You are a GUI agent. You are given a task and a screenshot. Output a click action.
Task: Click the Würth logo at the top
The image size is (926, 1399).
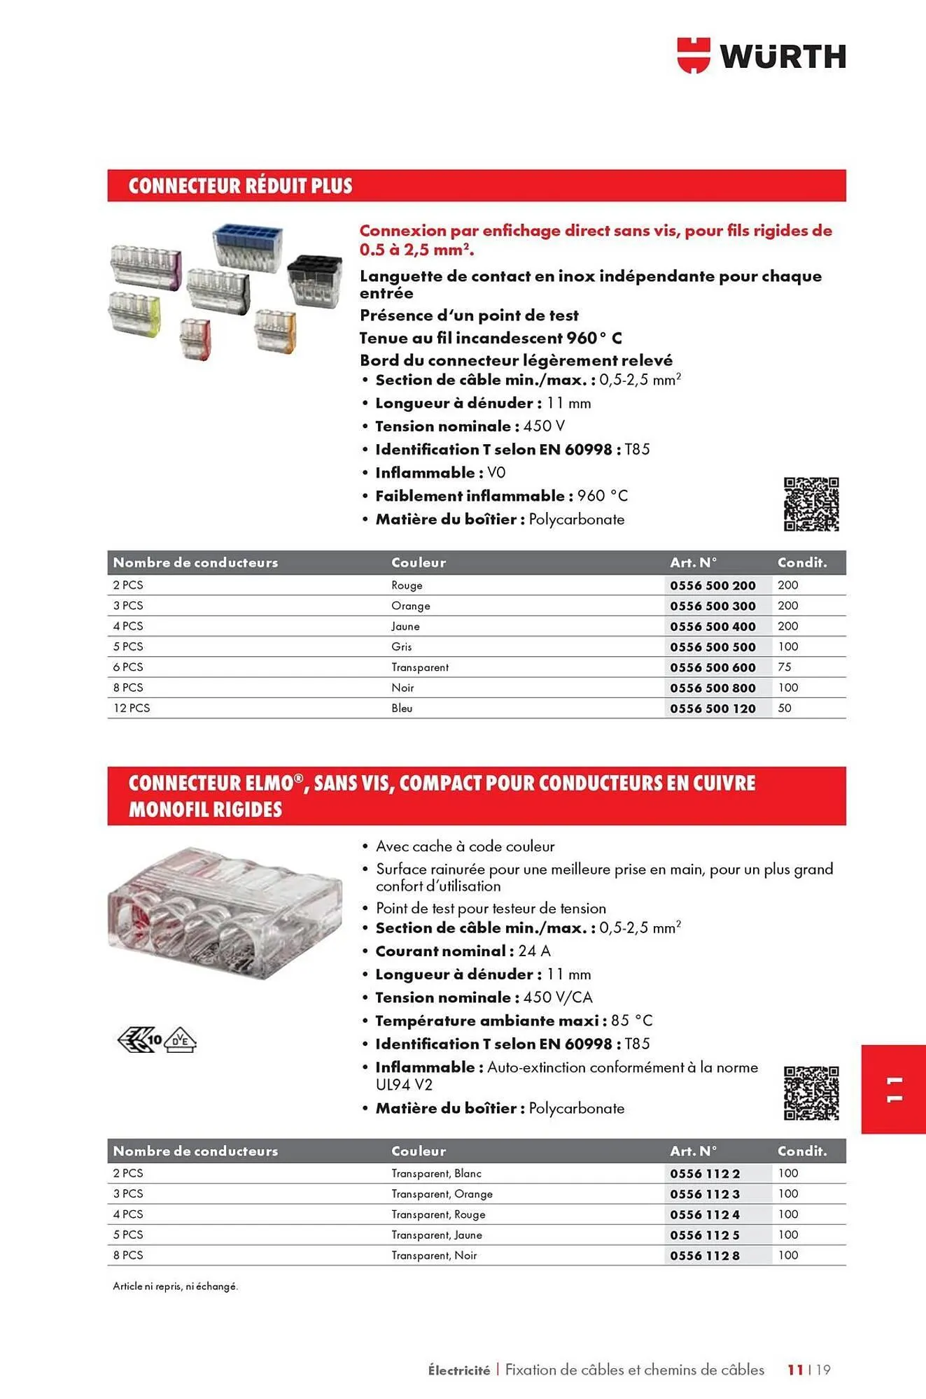(762, 56)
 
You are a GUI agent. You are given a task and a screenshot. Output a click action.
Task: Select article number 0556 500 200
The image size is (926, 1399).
(713, 585)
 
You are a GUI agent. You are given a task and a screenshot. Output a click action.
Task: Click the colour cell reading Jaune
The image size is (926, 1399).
(405, 626)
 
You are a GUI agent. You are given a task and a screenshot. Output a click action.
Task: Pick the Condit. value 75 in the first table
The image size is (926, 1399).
(785, 667)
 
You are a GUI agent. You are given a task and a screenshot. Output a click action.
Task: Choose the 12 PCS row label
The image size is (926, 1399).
(132, 708)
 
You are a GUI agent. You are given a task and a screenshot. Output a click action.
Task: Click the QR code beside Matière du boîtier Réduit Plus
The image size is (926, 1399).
(811, 504)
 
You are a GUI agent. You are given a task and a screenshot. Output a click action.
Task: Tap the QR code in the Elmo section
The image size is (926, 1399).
(811, 1093)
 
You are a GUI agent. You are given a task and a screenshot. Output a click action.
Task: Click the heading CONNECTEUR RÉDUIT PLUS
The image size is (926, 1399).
(240, 186)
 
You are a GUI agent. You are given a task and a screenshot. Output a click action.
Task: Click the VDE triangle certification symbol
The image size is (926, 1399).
(181, 1041)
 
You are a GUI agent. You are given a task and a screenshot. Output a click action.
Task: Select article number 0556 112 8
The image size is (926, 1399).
(704, 1256)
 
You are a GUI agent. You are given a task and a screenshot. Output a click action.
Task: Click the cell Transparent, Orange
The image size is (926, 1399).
(442, 1194)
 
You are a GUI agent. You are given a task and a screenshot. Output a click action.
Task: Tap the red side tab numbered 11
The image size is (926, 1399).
(893, 1089)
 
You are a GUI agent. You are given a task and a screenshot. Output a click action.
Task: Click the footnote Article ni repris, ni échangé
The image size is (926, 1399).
(176, 1286)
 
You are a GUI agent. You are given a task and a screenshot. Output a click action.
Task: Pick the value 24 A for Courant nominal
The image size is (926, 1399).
(534, 951)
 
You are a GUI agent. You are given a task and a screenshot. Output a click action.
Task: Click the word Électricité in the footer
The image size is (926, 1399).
(459, 1370)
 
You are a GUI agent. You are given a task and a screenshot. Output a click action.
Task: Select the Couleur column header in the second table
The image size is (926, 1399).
(419, 1151)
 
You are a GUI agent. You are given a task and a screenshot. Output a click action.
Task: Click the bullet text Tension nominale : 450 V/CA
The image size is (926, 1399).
(484, 997)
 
